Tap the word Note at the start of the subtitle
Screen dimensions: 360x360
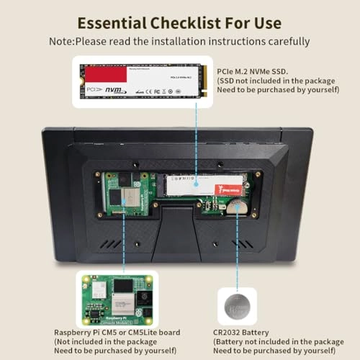pyautogui.click(x=61, y=41)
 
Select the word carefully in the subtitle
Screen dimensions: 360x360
pyautogui.click(x=287, y=41)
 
